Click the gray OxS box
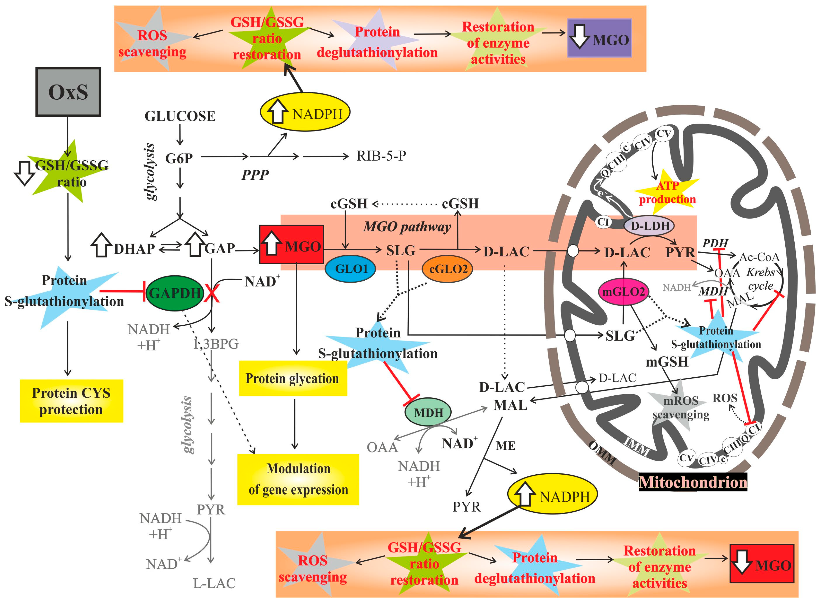[68, 92]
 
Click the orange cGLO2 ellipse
[447, 269]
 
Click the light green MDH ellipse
[428, 413]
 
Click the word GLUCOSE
[180, 116]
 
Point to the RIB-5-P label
[381, 156]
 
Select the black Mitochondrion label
[693, 482]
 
